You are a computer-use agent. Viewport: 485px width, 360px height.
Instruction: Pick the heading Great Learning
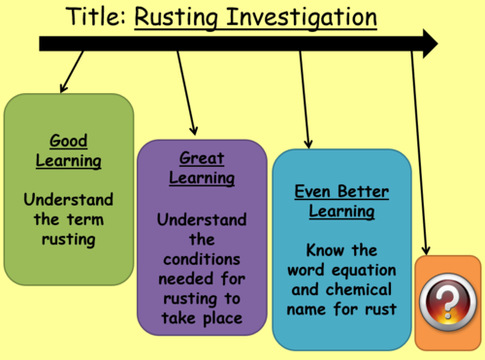pyautogui.click(x=202, y=167)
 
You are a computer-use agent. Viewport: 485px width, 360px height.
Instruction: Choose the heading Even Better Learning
pyautogui.click(x=336, y=202)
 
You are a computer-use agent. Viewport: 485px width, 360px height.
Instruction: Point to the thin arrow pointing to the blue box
pyautogui.click(x=304, y=97)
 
